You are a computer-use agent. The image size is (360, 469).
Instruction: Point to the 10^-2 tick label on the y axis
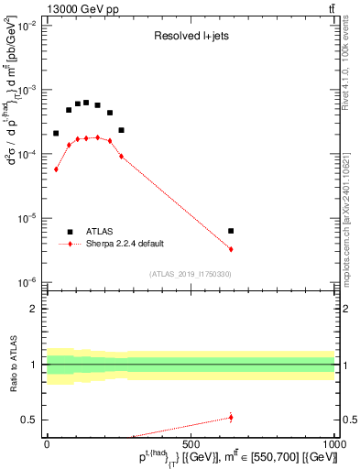point(28,26)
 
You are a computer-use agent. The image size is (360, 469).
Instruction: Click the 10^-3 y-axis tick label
point(28,90)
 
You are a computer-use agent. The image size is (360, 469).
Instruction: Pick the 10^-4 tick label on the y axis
point(28,154)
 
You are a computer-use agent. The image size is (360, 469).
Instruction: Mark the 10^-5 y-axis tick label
point(28,218)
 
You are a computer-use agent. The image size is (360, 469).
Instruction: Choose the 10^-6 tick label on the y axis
point(28,282)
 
